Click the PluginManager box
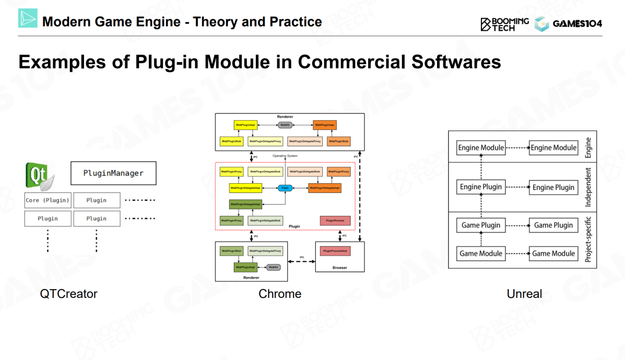[x=113, y=173]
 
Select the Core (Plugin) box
[x=47, y=200]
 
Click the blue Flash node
[x=285, y=188]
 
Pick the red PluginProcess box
[x=335, y=221]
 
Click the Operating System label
[x=285, y=156]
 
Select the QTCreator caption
[x=69, y=294]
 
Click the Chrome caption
[x=280, y=294]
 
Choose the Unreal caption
[x=524, y=294]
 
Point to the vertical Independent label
[x=588, y=187]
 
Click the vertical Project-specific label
[x=588, y=239]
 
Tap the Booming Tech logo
[x=504, y=23]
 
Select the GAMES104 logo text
[x=577, y=23]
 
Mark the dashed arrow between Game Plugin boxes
[x=517, y=226]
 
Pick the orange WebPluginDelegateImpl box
[x=324, y=188]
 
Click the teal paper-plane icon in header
[x=28, y=18]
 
